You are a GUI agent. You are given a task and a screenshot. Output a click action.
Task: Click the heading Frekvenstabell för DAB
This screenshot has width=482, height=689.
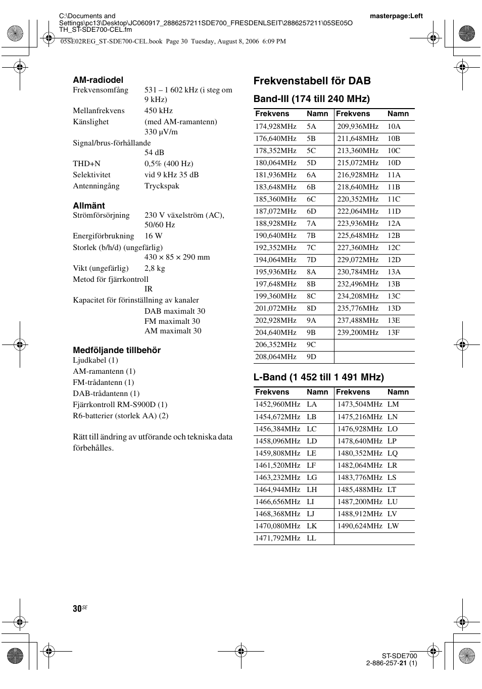312,81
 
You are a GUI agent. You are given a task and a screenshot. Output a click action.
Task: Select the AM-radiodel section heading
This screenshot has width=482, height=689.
98,80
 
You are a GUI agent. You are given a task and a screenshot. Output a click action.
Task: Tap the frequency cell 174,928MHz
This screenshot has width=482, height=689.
275,127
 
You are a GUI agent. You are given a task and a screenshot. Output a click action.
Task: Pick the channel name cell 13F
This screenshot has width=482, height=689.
394,332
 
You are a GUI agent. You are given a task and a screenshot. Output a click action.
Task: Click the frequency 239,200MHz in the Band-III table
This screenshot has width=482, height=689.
358,332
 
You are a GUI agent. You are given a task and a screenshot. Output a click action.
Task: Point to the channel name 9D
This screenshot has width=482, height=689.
311,357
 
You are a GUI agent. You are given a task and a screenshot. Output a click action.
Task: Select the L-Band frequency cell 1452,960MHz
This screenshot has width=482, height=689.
277,404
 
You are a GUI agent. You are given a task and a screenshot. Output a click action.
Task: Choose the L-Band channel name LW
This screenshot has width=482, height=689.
393,526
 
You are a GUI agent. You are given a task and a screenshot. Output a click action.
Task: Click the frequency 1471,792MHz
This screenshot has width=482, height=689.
277,538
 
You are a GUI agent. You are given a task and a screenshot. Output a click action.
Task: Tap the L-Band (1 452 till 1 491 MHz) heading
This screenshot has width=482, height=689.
318,377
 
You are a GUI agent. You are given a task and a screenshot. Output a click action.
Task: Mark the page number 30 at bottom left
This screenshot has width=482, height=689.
77,609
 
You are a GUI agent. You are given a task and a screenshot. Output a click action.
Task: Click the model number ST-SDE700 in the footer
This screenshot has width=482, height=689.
399,656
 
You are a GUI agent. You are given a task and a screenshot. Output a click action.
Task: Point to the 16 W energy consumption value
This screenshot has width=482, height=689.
153,236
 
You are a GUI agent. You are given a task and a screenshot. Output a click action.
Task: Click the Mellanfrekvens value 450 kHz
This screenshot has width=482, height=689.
158,111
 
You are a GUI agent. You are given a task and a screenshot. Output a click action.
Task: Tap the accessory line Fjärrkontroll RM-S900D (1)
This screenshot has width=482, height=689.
120,405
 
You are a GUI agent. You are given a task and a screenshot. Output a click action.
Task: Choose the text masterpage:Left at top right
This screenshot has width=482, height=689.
396,16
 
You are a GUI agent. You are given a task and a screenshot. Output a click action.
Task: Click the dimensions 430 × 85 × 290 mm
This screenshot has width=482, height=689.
177,257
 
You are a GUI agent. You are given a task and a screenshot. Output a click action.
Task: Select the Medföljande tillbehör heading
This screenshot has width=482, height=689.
117,350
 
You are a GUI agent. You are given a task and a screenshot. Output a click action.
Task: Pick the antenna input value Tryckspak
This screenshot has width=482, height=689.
162,186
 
